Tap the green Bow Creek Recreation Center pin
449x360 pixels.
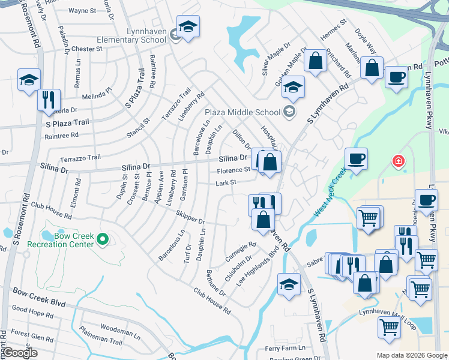pos(103,239)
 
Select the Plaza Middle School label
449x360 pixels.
pos(243,112)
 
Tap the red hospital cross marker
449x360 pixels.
pos(397,161)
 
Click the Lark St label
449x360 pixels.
pos(226,183)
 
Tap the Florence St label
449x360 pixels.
pos(234,170)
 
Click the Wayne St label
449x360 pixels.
pos(82,11)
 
